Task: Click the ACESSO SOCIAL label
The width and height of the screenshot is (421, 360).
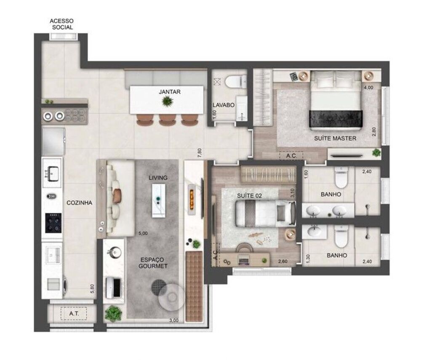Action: (x=61, y=24)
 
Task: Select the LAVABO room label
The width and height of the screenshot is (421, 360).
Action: (x=224, y=105)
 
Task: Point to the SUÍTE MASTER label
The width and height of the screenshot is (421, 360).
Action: (x=335, y=138)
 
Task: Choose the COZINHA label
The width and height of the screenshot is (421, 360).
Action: (x=79, y=203)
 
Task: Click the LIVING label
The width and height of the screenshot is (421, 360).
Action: (x=158, y=178)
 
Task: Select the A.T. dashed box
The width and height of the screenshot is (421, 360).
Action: (x=73, y=313)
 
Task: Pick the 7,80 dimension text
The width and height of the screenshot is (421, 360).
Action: (x=200, y=152)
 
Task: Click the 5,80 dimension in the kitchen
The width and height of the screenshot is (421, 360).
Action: (x=92, y=289)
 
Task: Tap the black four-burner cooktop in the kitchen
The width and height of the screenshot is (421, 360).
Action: (x=53, y=223)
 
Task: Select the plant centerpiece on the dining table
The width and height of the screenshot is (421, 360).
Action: (x=168, y=101)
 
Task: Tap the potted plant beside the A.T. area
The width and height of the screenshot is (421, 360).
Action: (x=113, y=313)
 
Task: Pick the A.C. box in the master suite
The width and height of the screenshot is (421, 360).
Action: (x=291, y=155)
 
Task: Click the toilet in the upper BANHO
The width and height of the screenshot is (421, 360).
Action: (x=341, y=178)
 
